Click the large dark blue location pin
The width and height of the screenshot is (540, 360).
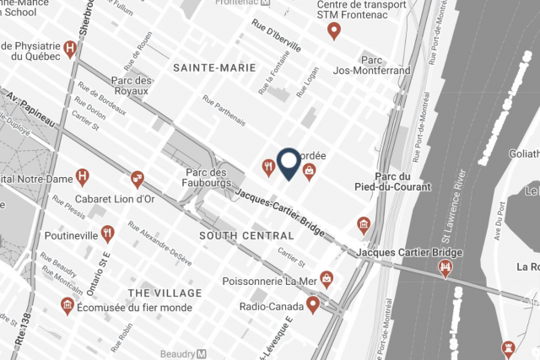coord(288,163)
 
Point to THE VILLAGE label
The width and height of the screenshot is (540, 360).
coord(165,293)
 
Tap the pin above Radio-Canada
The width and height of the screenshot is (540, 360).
coord(312,304)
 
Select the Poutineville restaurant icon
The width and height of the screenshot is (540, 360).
coord(107,234)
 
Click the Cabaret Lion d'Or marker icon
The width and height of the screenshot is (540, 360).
coord(137,178)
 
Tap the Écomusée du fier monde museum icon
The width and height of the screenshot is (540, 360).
coord(67,305)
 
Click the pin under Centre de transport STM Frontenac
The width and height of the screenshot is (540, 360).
coord(333,31)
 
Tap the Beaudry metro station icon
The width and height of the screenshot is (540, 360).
coord(201,353)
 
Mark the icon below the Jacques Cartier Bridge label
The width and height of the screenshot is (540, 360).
coord(445,269)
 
